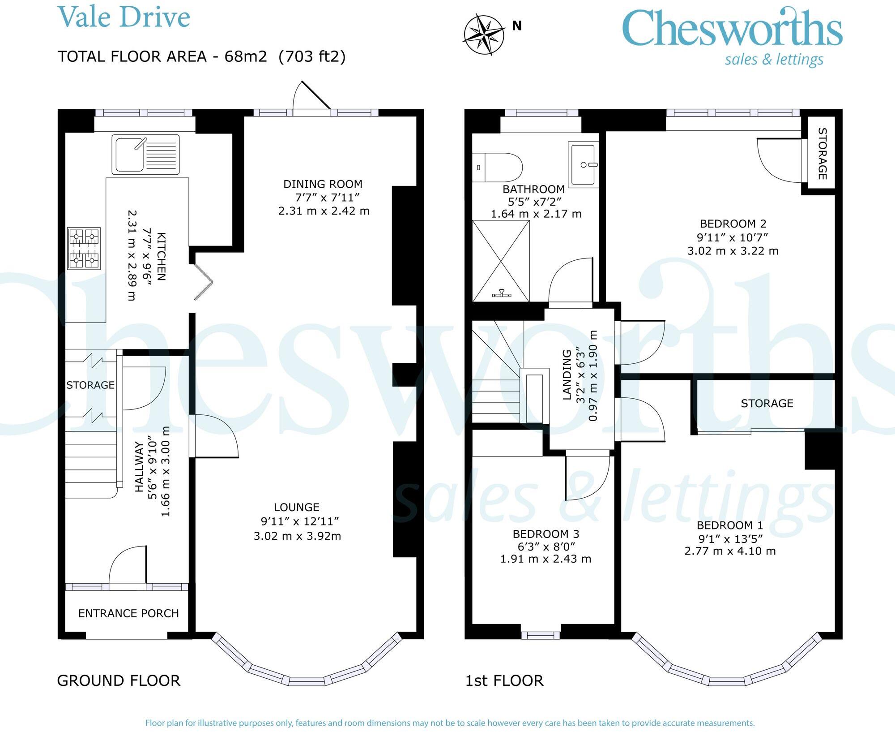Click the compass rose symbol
(485, 35)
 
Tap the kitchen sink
(146, 155)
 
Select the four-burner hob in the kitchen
(84, 249)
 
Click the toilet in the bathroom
(498, 168)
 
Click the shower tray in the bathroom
(501, 261)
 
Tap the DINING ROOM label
(323, 184)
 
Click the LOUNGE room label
(297, 507)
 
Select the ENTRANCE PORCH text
(128, 613)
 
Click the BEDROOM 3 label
(546, 534)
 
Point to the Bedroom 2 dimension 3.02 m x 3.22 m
(733, 251)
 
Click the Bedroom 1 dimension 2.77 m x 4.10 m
(730, 551)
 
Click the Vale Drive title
(124, 17)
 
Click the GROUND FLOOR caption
(119, 680)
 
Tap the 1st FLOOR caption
(504, 680)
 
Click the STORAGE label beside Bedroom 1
(767, 403)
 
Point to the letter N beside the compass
(517, 26)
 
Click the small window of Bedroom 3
(541, 635)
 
